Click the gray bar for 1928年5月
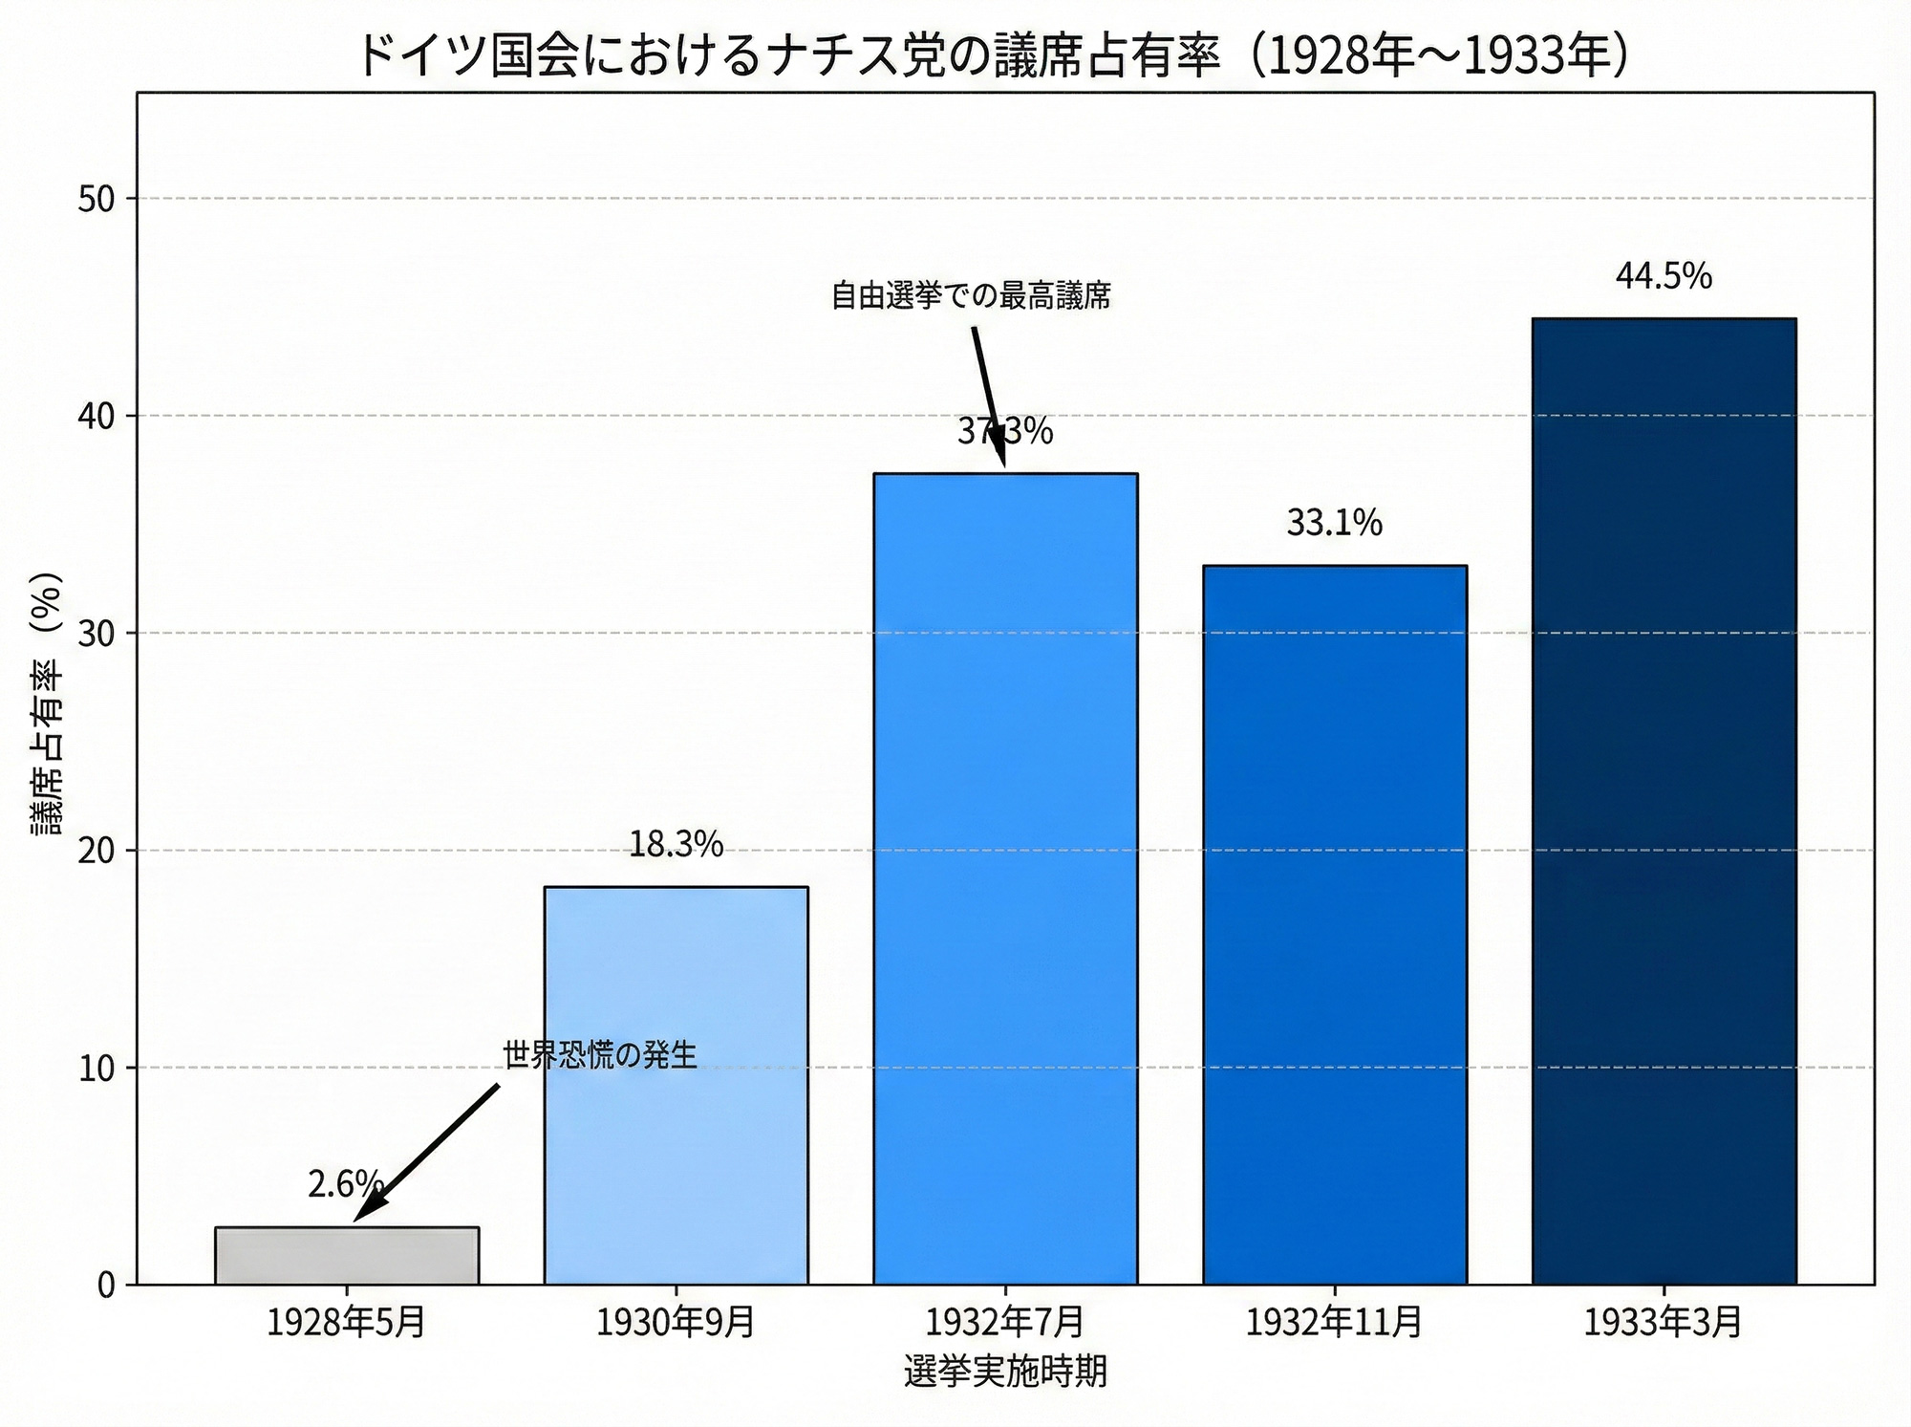click(347, 1255)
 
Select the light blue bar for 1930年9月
click(676, 1085)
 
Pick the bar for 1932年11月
click(1334, 924)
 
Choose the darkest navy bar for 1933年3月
click(1664, 800)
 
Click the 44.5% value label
click(1664, 276)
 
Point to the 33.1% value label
click(1334, 523)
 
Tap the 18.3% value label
click(676, 844)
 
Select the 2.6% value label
click(345, 1185)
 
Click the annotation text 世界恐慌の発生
click(600, 1054)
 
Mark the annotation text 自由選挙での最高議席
click(971, 296)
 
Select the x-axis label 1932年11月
click(1334, 1323)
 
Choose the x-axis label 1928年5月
click(347, 1323)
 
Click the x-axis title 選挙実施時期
click(1005, 1372)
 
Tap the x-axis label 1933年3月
click(1664, 1323)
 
